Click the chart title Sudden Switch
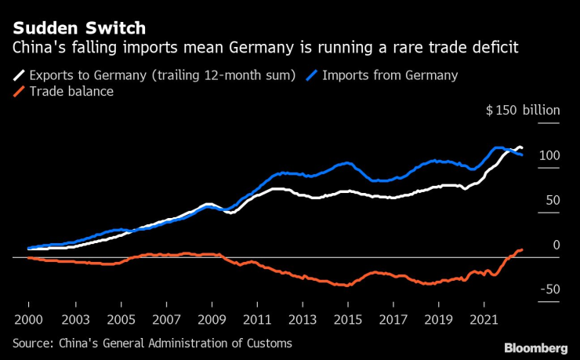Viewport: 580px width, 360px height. click(x=79, y=28)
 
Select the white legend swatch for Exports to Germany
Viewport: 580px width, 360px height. click(x=18, y=76)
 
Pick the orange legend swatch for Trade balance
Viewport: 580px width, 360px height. click(x=18, y=92)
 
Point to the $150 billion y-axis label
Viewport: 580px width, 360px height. click(x=523, y=111)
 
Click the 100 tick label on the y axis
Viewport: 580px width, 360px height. click(x=549, y=156)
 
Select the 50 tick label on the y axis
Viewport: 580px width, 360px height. click(x=552, y=201)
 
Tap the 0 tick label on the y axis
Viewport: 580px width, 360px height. click(x=556, y=245)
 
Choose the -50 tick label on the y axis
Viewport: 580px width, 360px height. click(x=549, y=290)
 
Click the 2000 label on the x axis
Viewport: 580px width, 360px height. click(x=28, y=321)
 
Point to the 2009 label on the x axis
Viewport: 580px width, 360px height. click(x=211, y=321)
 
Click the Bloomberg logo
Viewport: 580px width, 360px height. click(x=535, y=347)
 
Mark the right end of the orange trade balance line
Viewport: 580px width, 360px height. click(x=522, y=249)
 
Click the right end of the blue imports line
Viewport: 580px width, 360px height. click(x=522, y=155)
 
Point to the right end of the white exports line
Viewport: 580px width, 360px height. click(x=522, y=149)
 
